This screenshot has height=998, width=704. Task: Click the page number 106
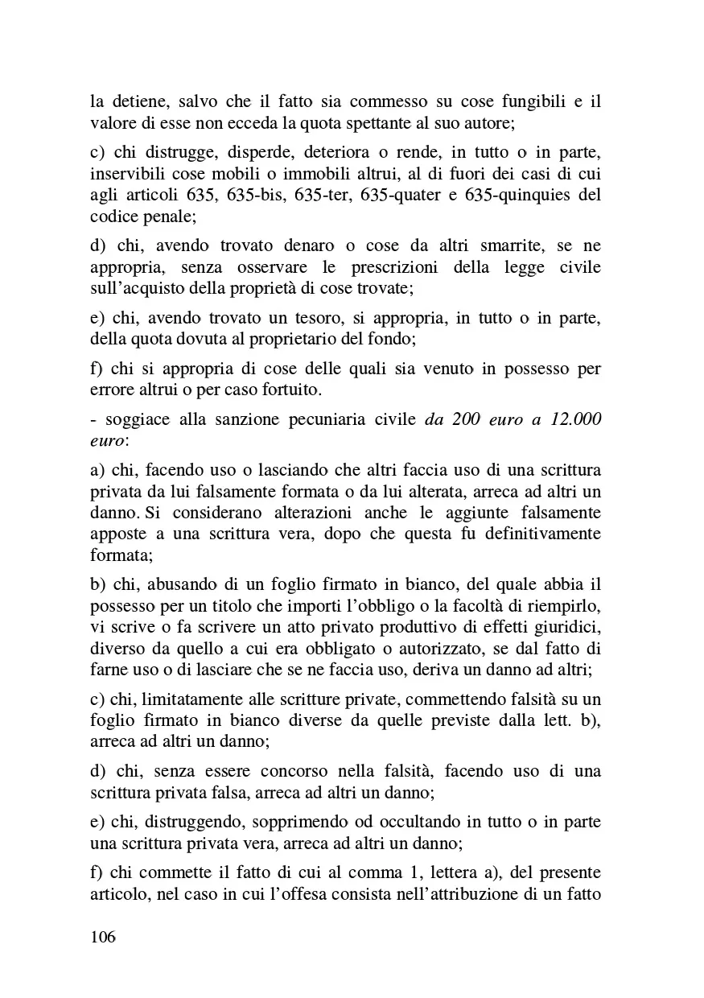(x=103, y=938)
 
